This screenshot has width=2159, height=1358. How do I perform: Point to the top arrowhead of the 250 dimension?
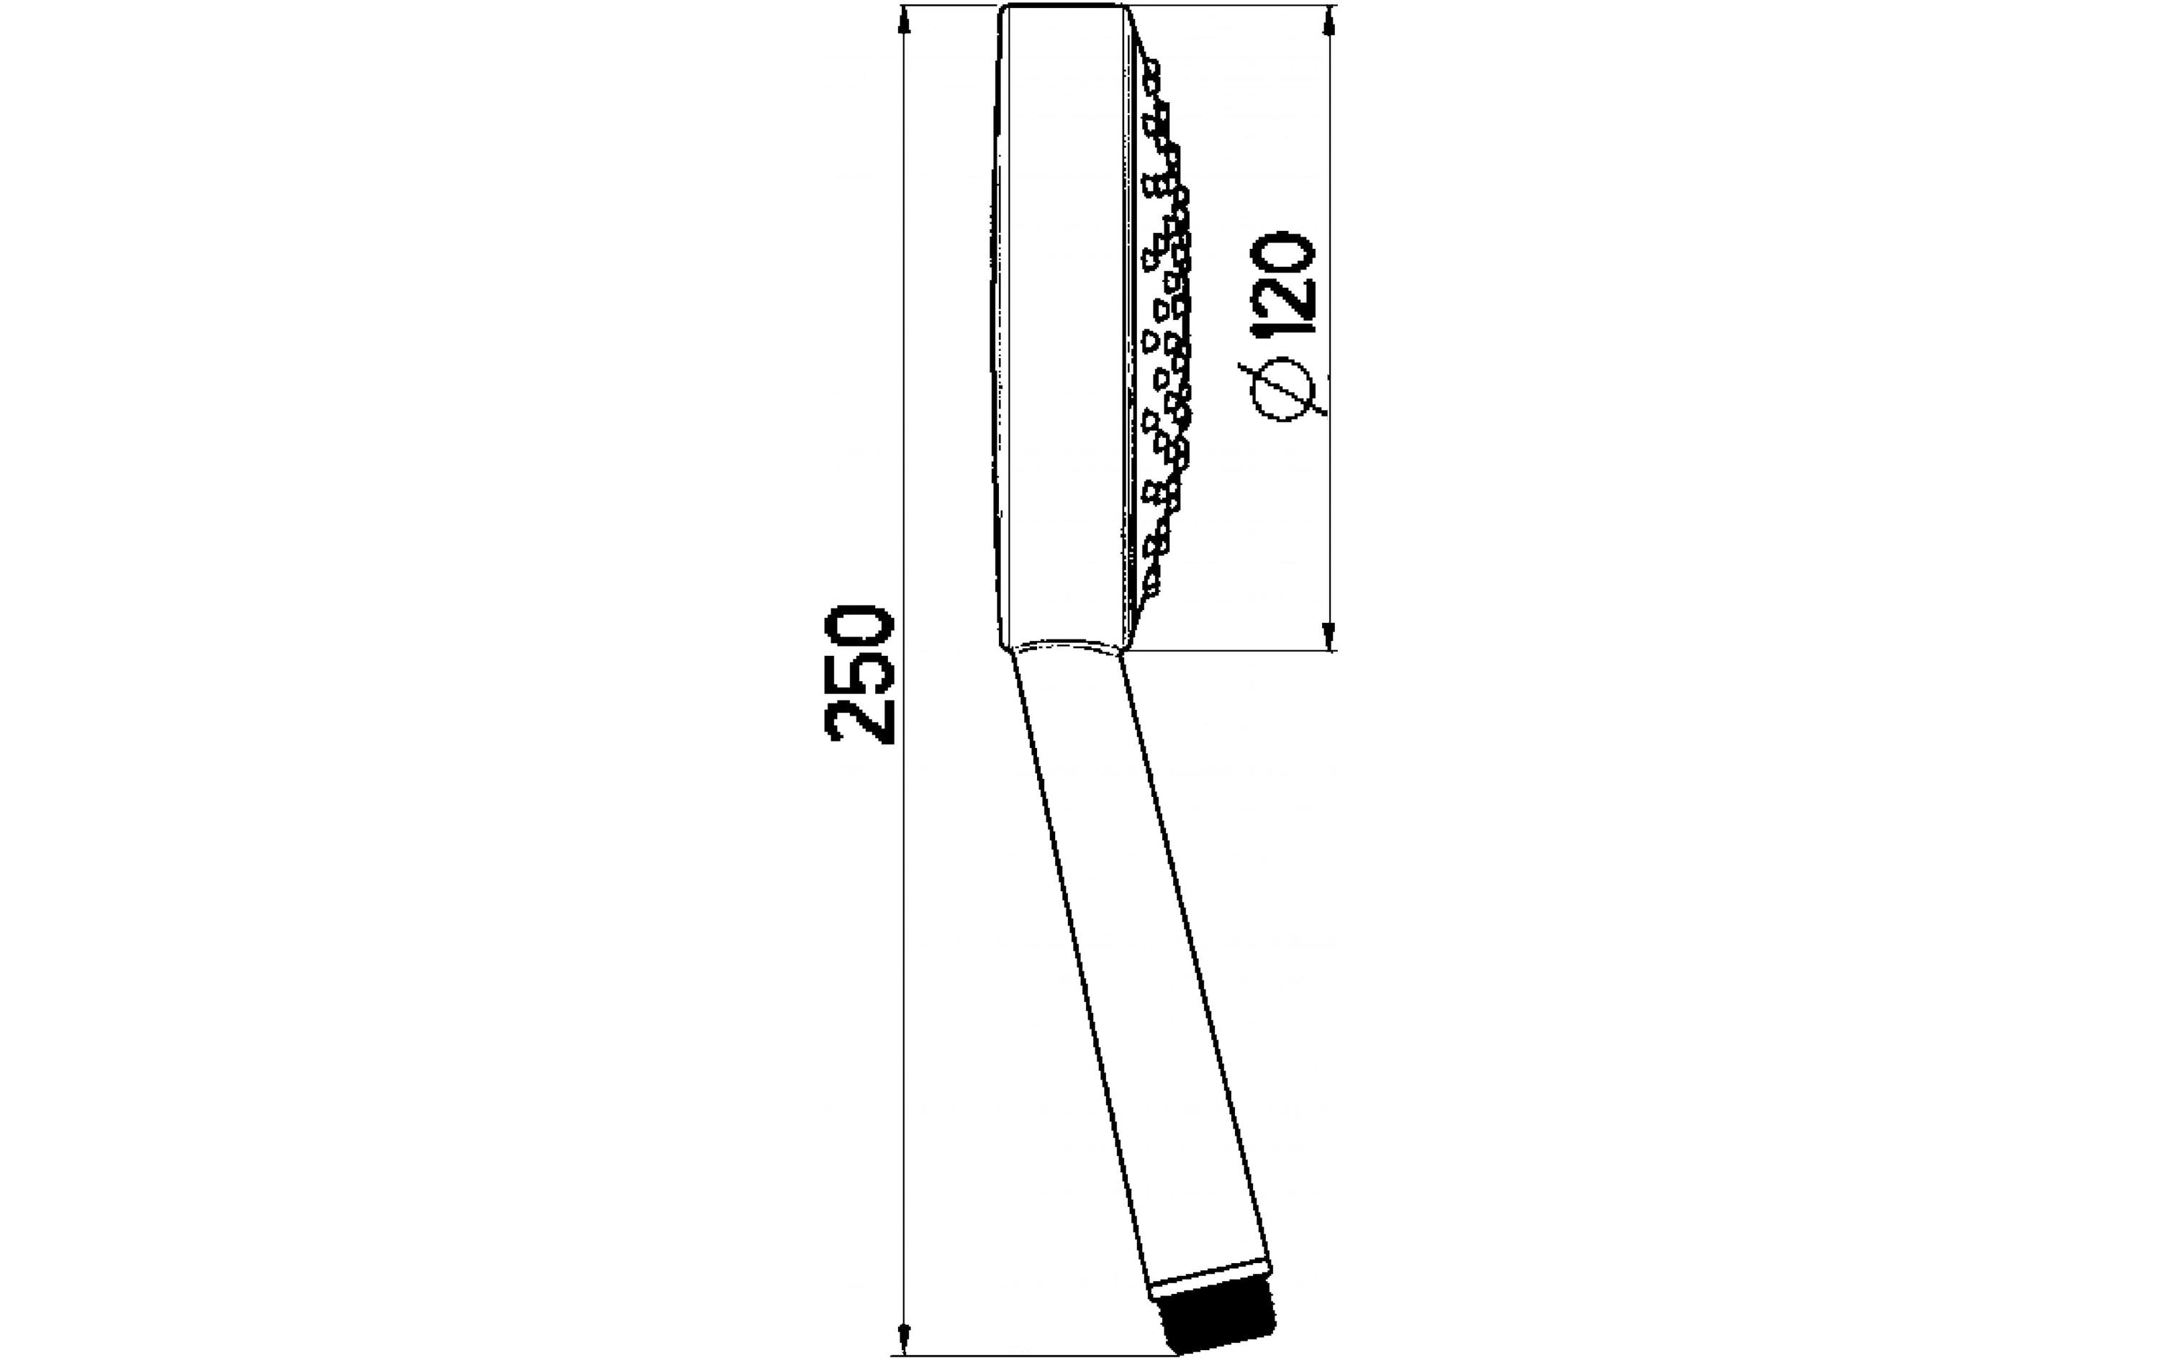point(905,19)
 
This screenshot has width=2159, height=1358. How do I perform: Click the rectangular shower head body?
point(1062,323)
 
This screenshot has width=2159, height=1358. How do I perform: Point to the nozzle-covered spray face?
point(1161,323)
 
